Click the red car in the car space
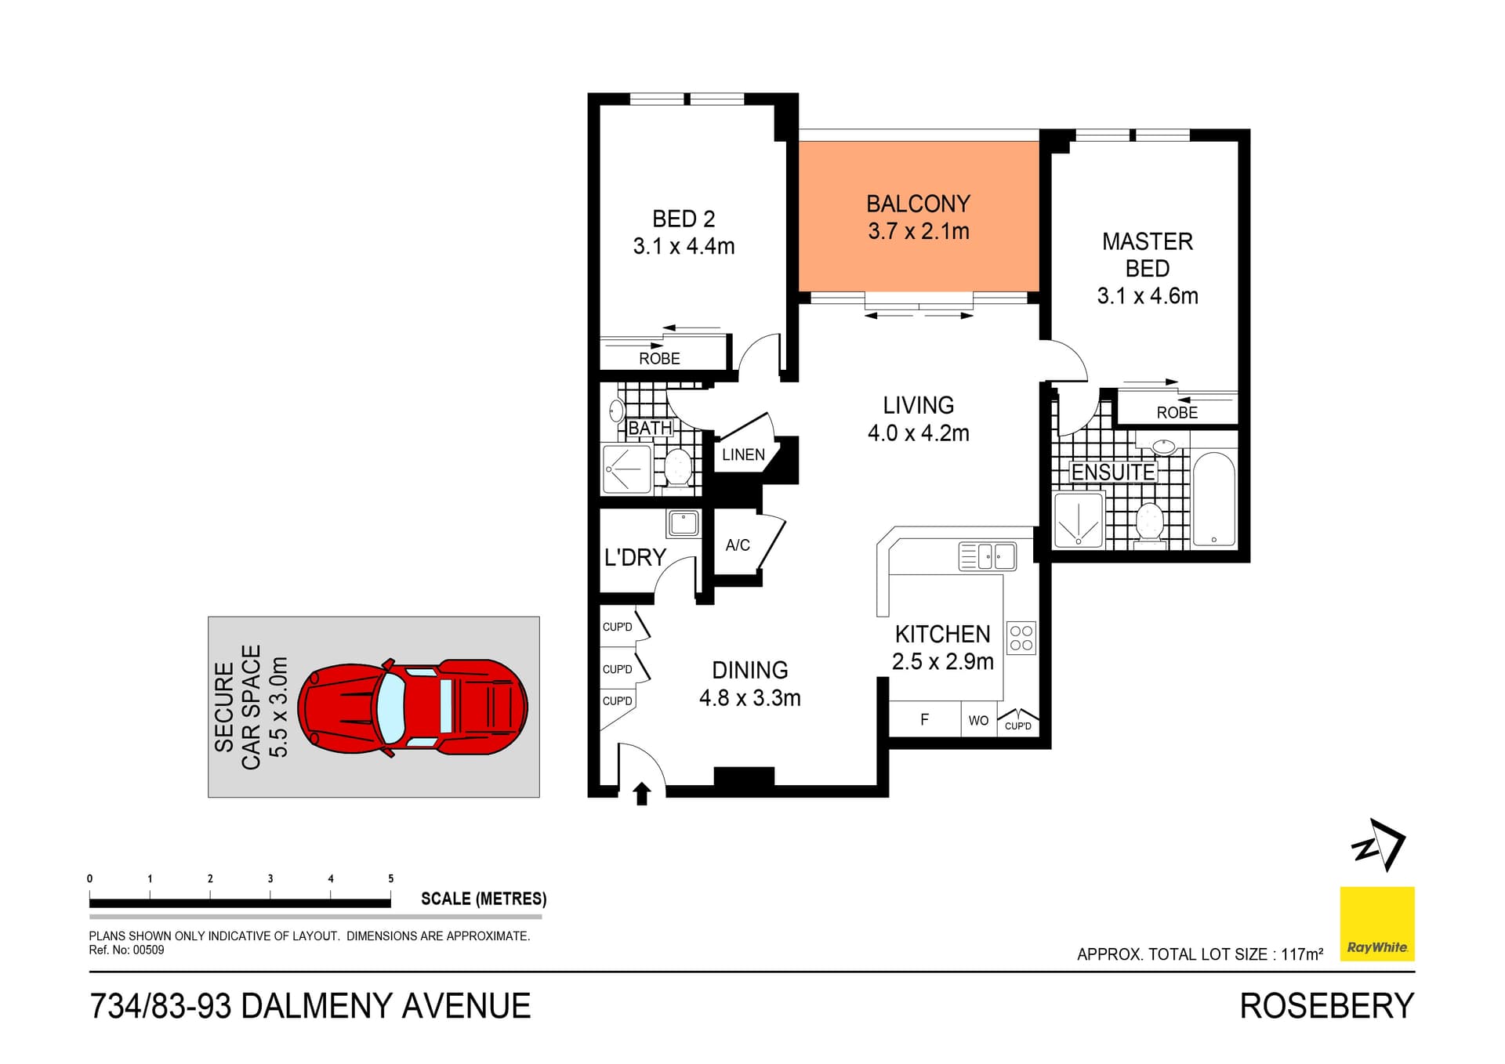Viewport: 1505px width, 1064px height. click(413, 708)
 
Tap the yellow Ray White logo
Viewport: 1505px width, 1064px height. click(1376, 923)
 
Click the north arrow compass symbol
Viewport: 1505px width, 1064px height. click(1379, 845)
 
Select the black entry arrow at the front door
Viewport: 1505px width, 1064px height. click(642, 794)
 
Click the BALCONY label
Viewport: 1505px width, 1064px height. click(918, 204)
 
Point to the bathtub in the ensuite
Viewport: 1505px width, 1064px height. click(1213, 500)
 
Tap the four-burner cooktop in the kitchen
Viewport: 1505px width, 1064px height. click(1021, 638)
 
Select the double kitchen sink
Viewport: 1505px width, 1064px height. click(988, 556)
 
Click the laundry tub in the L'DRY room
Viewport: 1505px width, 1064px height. click(684, 523)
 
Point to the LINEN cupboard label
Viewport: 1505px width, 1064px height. click(743, 454)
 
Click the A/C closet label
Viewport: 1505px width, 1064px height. click(738, 545)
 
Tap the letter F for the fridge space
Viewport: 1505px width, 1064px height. click(924, 719)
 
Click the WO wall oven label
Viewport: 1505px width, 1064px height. click(978, 720)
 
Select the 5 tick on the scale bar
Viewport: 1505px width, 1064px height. click(390, 879)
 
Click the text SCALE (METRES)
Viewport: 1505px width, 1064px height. click(484, 899)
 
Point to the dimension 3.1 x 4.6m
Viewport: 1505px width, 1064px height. click(1148, 296)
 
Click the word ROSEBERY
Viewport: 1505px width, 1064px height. click(1326, 1006)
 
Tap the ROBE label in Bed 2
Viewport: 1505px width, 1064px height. click(659, 358)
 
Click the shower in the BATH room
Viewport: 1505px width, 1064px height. click(626, 469)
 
